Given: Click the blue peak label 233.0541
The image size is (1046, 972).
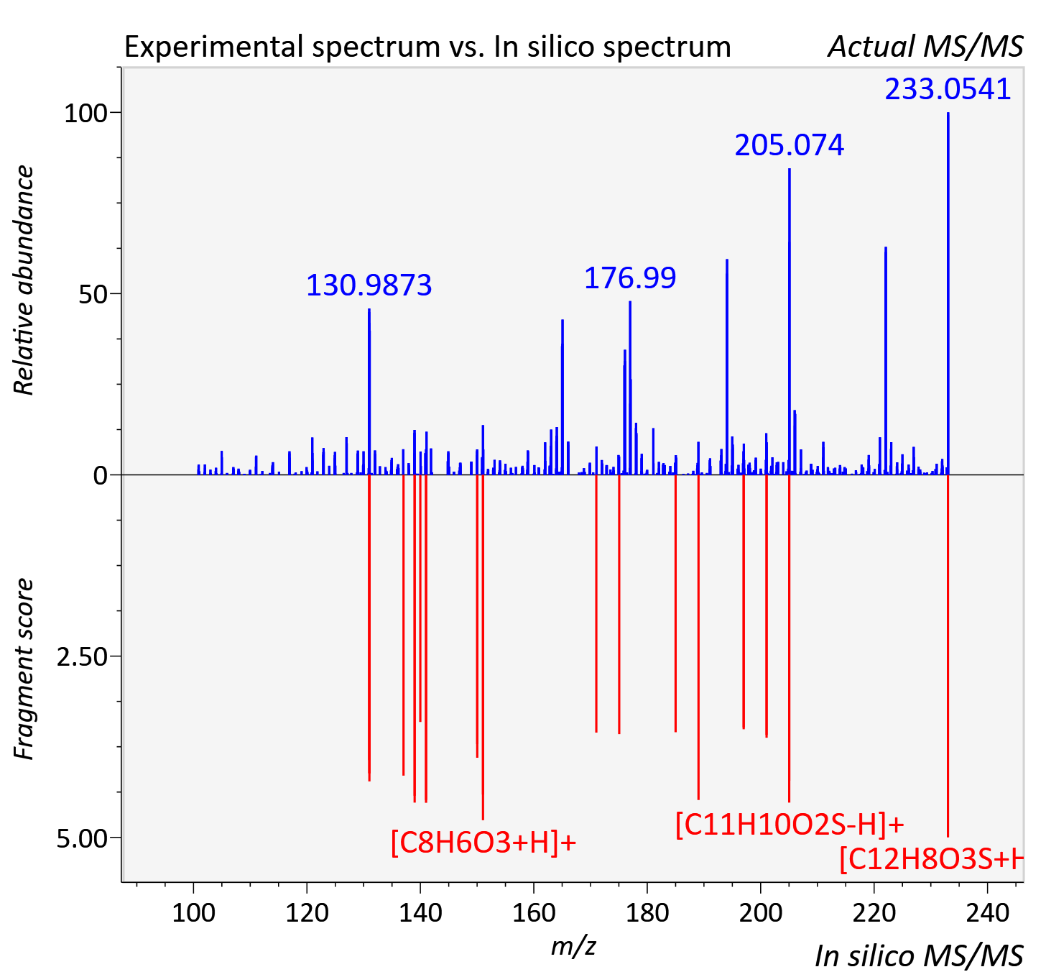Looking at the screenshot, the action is (948, 89).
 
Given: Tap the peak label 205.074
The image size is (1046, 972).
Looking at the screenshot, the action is (790, 145).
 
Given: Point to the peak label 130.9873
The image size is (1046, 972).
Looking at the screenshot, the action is (369, 285).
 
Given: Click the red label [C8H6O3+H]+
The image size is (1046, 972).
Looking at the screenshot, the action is (483, 842).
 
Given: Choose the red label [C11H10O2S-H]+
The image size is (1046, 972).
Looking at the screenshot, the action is (790, 825).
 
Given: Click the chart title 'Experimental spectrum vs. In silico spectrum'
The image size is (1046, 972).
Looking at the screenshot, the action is (427, 47).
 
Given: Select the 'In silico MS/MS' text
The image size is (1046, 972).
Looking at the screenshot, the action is (920, 955).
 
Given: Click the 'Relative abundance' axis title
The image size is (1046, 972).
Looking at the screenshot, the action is (24, 280).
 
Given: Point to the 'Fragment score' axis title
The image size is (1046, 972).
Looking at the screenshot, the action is (24, 669).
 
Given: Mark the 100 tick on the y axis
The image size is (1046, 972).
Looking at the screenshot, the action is (85, 114).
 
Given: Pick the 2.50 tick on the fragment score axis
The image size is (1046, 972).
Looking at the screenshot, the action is (82, 657).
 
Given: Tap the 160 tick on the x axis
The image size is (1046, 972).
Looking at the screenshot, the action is (534, 912).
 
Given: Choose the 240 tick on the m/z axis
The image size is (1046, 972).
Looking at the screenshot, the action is (988, 912).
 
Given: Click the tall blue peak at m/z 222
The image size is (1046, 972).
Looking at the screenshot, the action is (886, 361).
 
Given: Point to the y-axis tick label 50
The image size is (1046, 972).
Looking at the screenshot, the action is (93, 295).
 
